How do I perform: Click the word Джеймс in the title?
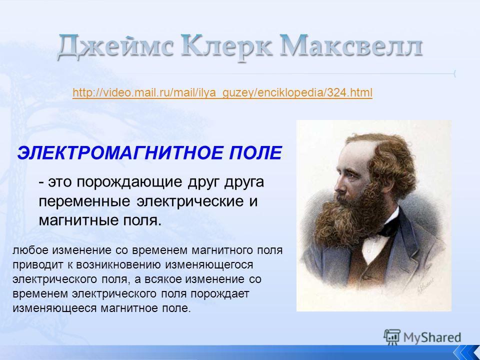(115, 46)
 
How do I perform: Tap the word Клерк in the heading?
(226, 46)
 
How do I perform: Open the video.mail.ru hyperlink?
(222, 92)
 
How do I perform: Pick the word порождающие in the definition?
(130, 182)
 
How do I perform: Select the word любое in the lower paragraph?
(30, 250)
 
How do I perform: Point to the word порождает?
(220, 294)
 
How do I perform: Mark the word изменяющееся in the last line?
(54, 308)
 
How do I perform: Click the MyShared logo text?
(432, 337)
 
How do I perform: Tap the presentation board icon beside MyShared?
(392, 336)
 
